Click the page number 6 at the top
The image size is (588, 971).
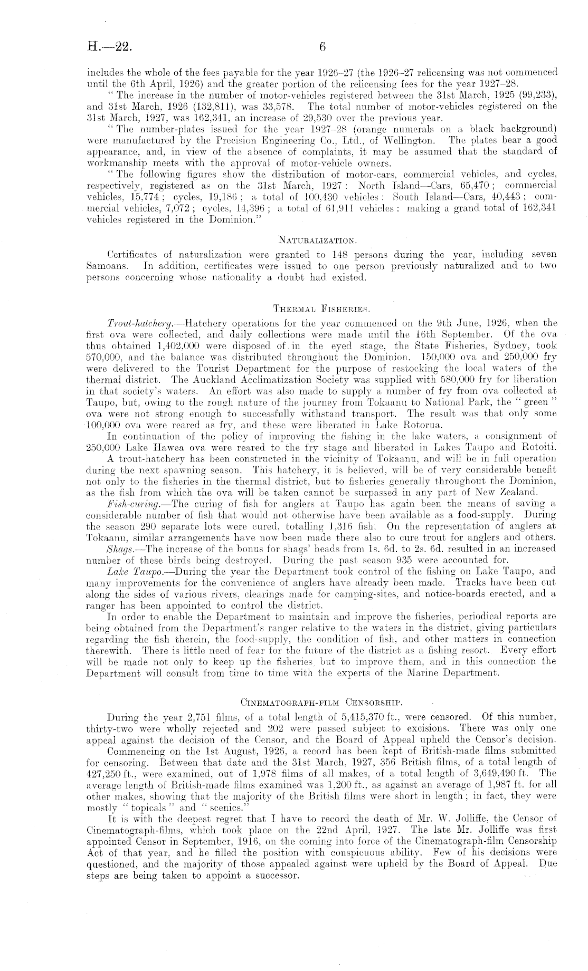pos(324,47)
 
